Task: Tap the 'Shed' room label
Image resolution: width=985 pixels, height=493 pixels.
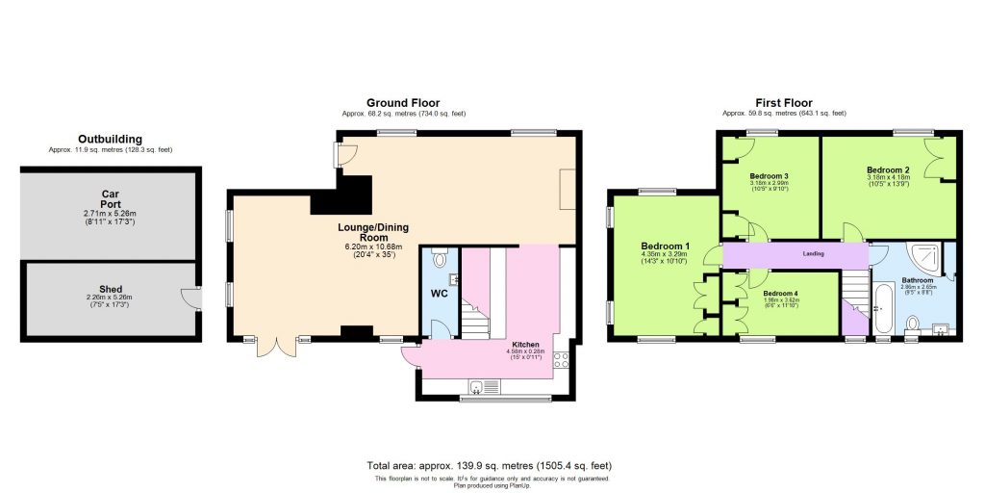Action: pos(111,288)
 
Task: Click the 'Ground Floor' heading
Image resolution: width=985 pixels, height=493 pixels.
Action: pos(403,102)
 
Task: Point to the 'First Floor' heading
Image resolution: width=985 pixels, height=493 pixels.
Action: pos(784,102)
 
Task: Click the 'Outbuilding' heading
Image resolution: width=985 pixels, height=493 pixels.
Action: pos(110,139)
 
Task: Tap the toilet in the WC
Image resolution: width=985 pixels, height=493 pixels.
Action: pos(440,259)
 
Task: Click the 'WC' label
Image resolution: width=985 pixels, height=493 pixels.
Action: pos(438,294)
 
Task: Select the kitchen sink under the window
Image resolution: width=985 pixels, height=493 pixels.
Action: pos(476,387)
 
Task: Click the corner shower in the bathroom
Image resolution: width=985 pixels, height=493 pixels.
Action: pos(925,257)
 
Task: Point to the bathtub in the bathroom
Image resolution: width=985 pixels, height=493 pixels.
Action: pos(882,310)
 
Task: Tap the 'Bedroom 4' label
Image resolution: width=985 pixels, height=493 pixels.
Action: pos(781,292)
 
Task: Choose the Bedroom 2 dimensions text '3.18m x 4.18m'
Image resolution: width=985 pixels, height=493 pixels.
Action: pos(888,177)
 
